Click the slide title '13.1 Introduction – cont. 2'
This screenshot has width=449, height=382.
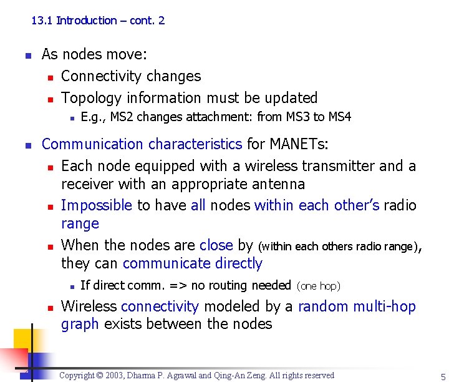[98, 21]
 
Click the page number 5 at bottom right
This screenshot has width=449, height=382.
[442, 376]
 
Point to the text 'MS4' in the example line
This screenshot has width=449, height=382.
[340, 117]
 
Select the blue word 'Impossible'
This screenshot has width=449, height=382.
[97, 205]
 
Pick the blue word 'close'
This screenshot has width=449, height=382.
[216, 245]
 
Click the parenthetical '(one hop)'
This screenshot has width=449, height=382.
[318, 286]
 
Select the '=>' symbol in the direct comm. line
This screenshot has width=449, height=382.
[181, 286]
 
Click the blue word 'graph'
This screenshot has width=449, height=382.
[80, 324]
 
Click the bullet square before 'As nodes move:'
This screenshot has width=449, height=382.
[27, 55]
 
